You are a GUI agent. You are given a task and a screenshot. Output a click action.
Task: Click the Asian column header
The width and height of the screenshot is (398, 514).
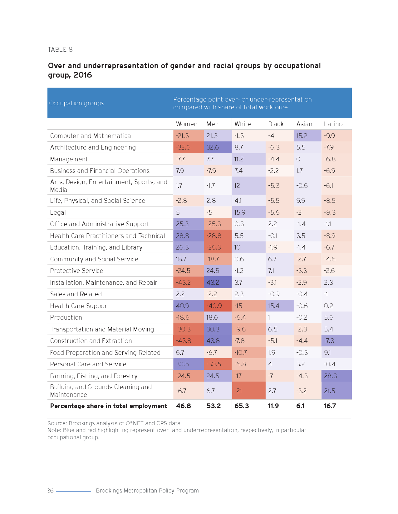tap(304, 124)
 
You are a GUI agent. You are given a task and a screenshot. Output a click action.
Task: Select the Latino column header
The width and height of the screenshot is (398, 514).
tap(333, 124)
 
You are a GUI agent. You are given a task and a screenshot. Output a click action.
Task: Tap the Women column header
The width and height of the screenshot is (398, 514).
tap(187, 124)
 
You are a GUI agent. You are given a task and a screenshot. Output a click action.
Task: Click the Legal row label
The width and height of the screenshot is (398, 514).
tap(58, 212)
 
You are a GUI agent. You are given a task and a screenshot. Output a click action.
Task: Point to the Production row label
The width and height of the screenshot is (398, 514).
tap(66, 317)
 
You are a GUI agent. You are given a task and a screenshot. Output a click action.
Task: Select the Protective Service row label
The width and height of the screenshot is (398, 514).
tap(76, 271)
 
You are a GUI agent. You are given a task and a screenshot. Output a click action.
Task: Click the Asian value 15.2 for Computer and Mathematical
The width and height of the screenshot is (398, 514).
tap(302, 136)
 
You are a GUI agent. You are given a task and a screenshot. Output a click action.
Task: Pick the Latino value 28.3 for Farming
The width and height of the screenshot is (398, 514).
tap(330, 376)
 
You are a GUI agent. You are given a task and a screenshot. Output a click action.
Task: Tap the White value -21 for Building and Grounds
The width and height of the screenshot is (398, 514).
tap(238, 391)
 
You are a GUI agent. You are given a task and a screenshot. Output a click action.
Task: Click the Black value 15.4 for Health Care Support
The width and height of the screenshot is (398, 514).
tap(273, 306)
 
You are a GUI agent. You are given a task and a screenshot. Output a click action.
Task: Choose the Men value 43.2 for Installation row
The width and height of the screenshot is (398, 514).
tap(213, 283)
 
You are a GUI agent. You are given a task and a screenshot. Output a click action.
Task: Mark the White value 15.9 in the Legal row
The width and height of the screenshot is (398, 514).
tap(240, 212)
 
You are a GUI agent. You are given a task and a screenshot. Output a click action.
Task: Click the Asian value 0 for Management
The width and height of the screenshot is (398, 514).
tap(298, 159)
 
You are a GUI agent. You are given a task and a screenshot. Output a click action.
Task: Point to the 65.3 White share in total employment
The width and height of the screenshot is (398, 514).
tap(242, 406)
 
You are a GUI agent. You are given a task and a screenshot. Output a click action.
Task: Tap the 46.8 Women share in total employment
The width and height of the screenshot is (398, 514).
tap(183, 406)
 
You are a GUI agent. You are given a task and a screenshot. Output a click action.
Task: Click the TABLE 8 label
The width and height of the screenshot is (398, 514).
tap(60, 50)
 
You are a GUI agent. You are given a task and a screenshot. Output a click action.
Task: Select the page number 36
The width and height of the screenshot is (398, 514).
tap(50, 491)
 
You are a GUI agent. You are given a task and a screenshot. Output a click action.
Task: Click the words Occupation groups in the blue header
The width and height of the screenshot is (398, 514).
tap(76, 103)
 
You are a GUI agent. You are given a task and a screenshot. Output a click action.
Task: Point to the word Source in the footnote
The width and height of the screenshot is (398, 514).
tap(57, 423)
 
